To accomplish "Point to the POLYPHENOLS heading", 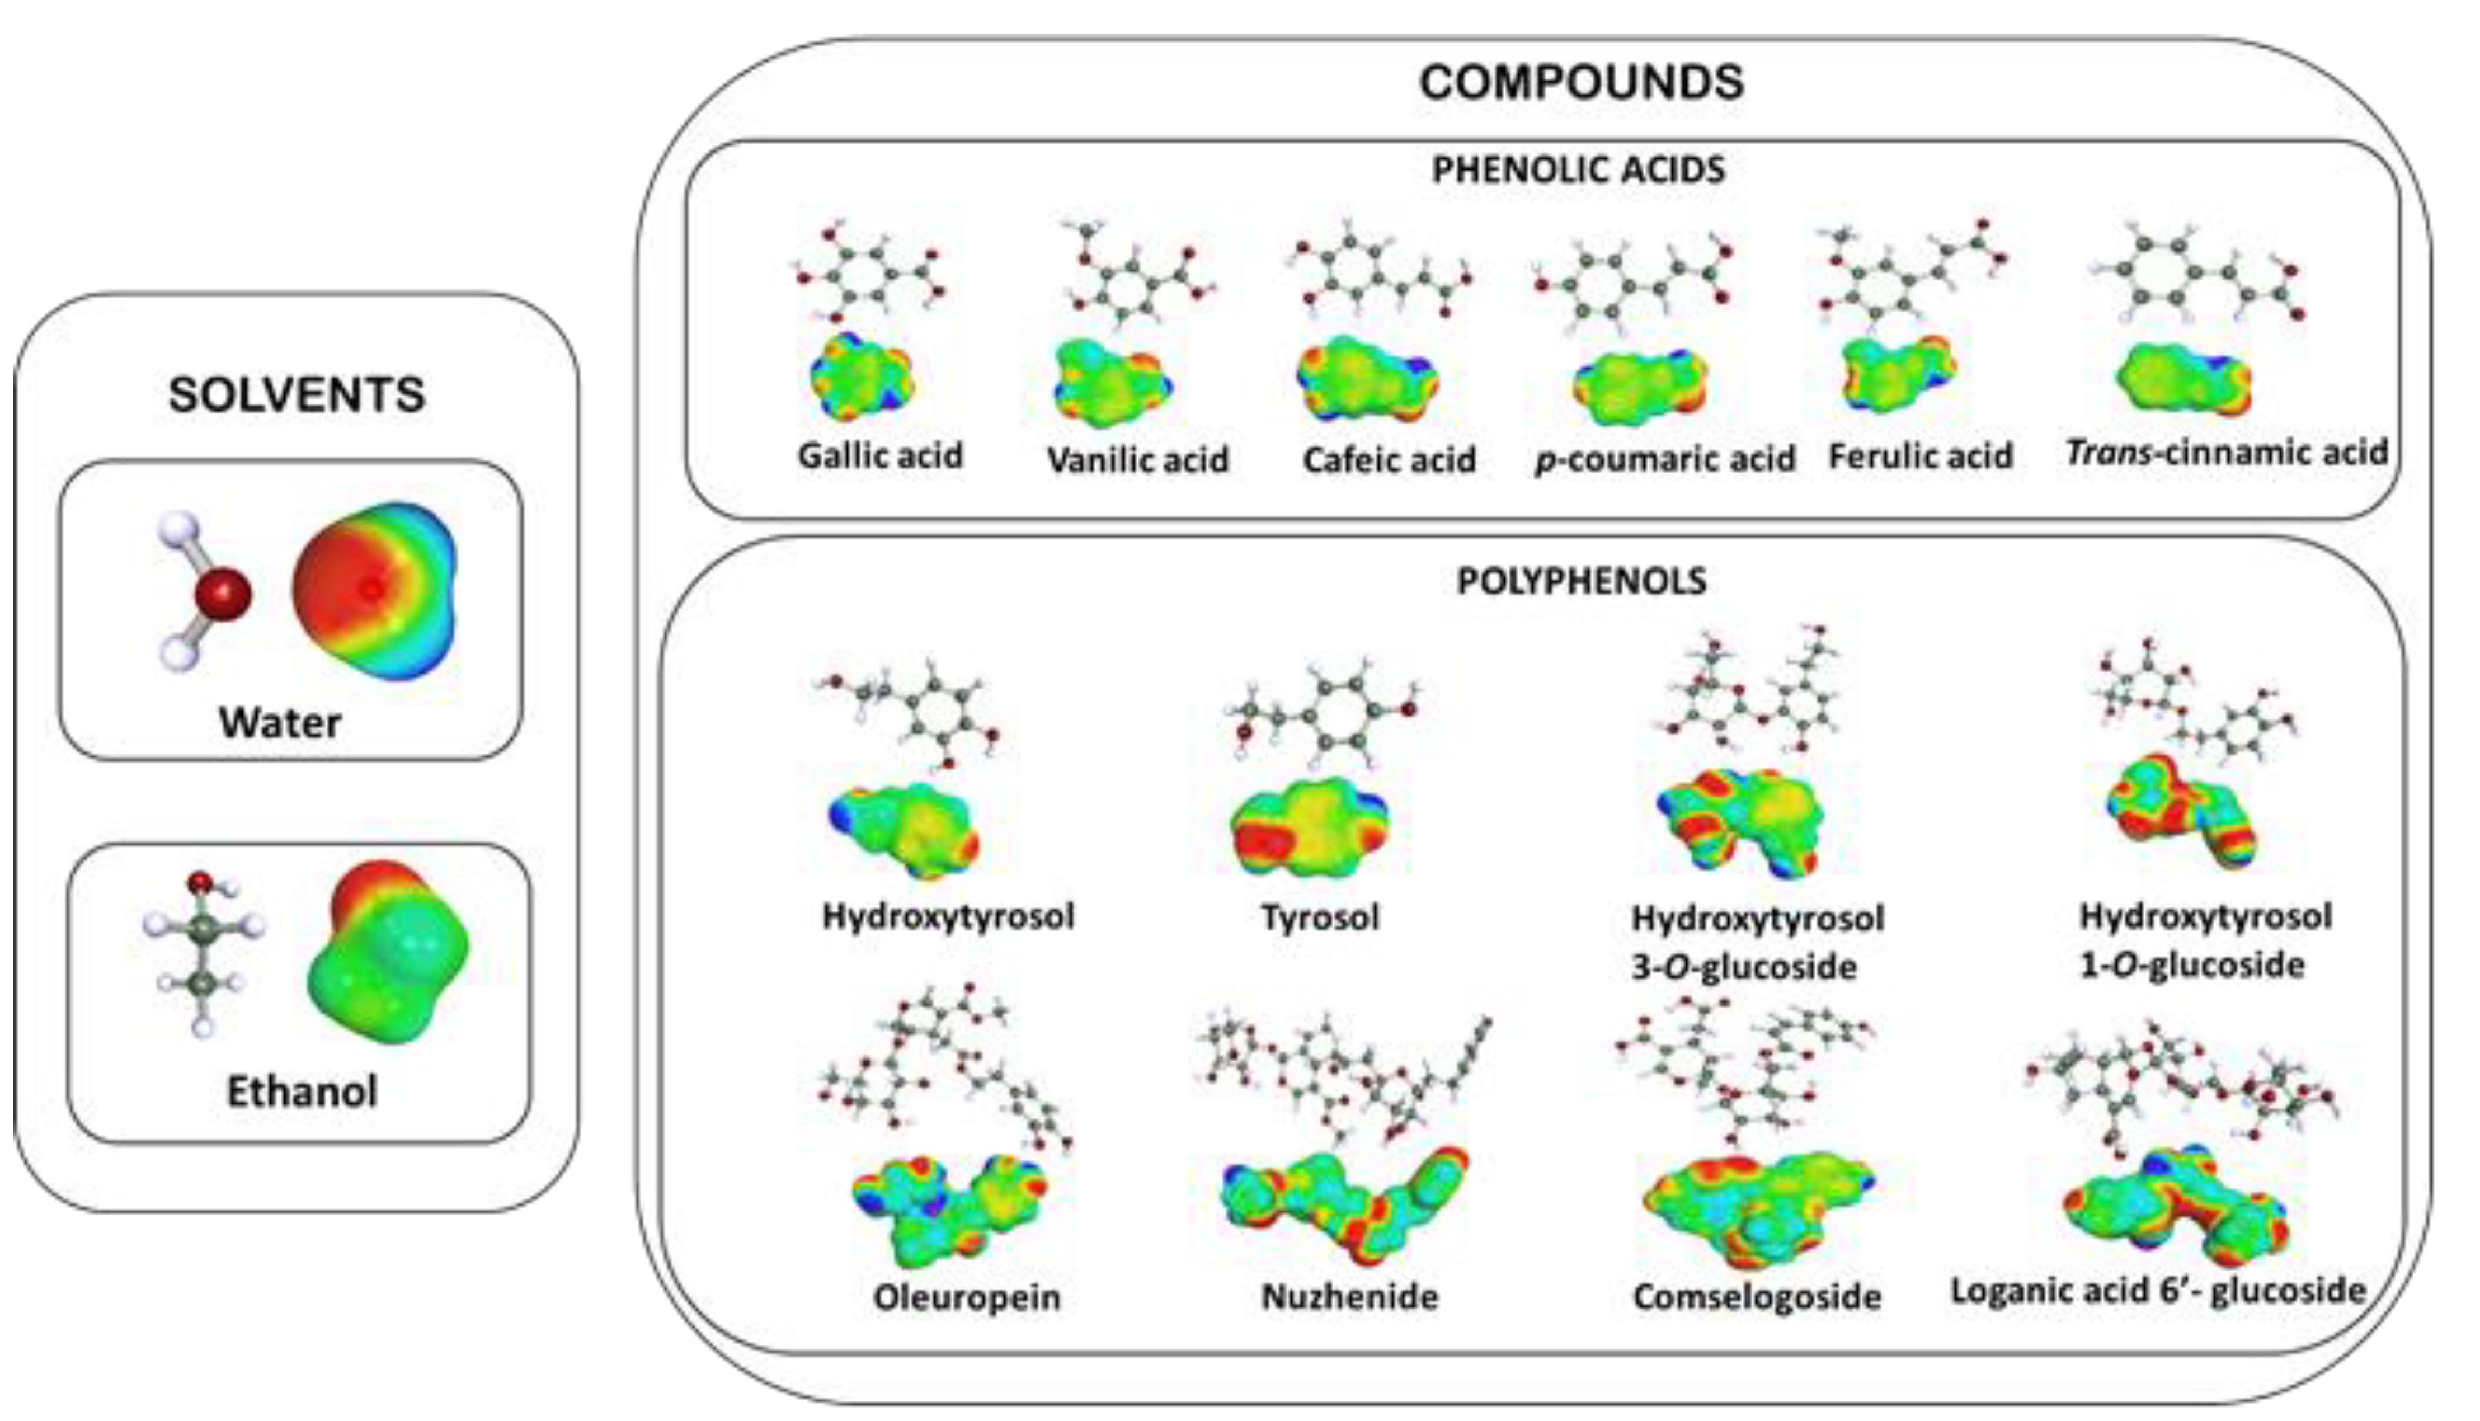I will point(1581,582).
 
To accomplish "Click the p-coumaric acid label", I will point(1665,459).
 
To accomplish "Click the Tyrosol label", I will point(1320,917).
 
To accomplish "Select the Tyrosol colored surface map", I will point(1308,827).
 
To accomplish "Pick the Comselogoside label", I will point(1757,1297).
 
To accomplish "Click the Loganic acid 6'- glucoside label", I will point(2158,1291).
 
